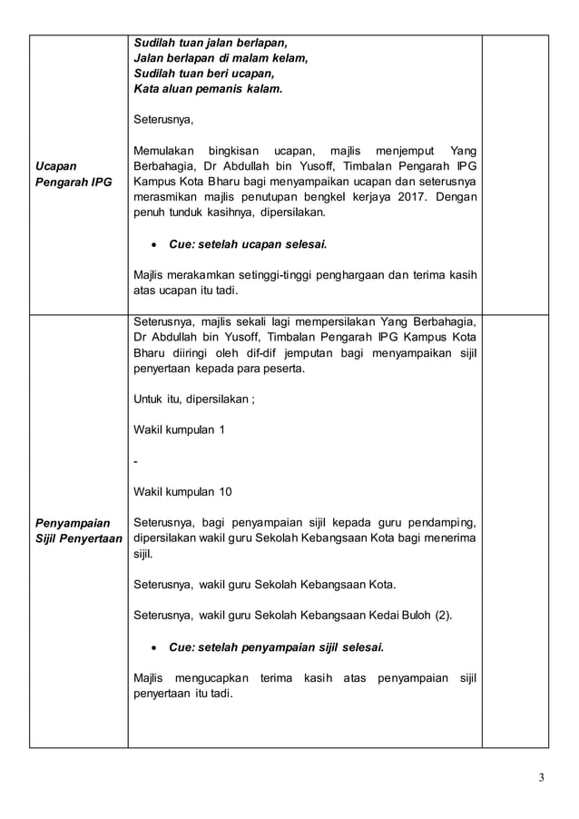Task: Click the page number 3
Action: pos(542,777)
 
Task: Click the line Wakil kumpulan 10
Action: pos(182,492)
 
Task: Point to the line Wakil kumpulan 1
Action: pos(180,429)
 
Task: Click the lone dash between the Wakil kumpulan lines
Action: pos(135,461)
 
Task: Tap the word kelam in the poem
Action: pos(288,58)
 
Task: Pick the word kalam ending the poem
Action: pos(263,89)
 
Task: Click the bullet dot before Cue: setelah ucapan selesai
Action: pos(158,244)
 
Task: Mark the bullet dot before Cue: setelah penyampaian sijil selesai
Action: pos(158,647)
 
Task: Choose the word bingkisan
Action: pos(239,150)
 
